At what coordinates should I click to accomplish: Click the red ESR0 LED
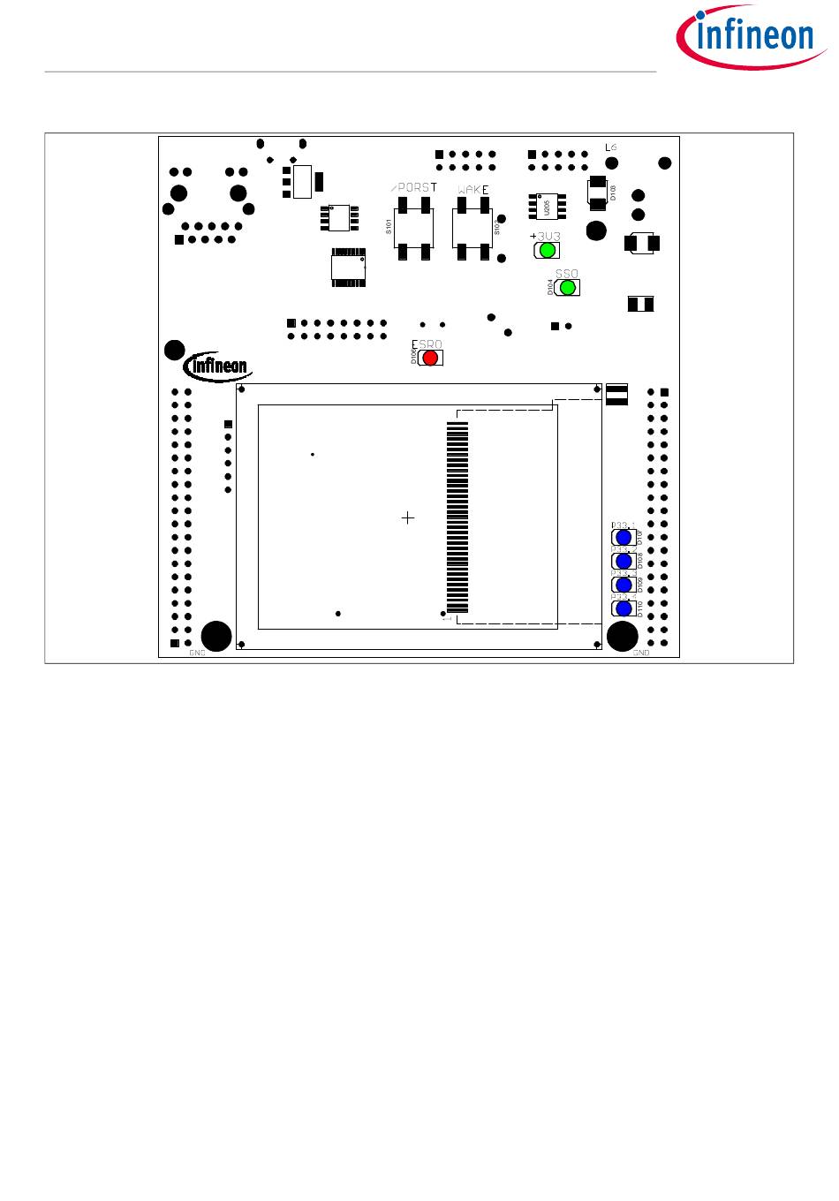pyautogui.click(x=430, y=358)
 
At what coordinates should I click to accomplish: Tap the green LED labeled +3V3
pyautogui.click(x=547, y=250)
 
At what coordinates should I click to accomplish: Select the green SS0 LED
pyautogui.click(x=568, y=288)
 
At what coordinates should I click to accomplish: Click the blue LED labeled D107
pyautogui.click(x=624, y=537)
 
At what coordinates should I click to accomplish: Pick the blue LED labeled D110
pyautogui.click(x=624, y=608)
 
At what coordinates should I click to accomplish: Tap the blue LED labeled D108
pyautogui.click(x=624, y=561)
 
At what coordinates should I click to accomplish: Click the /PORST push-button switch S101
pyautogui.click(x=413, y=228)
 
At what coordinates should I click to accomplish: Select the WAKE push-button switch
pyautogui.click(x=472, y=228)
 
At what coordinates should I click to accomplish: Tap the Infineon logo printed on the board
pyautogui.click(x=217, y=366)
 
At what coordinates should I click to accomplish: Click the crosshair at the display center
pyautogui.click(x=408, y=517)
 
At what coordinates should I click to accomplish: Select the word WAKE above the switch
pyautogui.click(x=473, y=190)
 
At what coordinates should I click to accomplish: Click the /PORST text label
pyautogui.click(x=413, y=188)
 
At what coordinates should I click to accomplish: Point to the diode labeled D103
pyautogui.click(x=598, y=192)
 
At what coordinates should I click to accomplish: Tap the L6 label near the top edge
pyautogui.click(x=610, y=147)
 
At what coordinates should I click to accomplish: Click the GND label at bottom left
pyautogui.click(x=197, y=653)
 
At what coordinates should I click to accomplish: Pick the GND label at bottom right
pyautogui.click(x=641, y=653)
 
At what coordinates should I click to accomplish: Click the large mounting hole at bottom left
pyautogui.click(x=216, y=636)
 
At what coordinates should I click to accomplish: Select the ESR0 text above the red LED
pyautogui.click(x=426, y=344)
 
